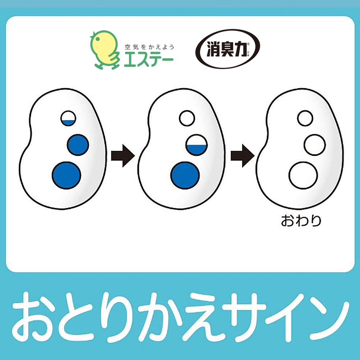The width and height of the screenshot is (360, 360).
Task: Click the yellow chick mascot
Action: click(x=104, y=49)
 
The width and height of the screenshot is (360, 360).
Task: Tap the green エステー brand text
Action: click(x=149, y=59)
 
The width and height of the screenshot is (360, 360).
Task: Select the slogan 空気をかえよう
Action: click(x=149, y=47)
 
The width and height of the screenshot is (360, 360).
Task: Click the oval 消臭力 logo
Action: click(x=228, y=49)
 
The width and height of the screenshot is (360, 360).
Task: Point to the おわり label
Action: click(x=301, y=221)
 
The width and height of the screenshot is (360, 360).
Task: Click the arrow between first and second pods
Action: click(x=123, y=156)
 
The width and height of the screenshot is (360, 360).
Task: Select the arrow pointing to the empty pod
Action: click(x=242, y=156)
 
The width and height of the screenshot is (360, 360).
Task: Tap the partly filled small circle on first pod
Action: click(x=68, y=118)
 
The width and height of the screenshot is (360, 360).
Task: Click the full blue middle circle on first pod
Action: click(x=78, y=145)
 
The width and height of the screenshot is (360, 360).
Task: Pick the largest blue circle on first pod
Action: click(x=66, y=175)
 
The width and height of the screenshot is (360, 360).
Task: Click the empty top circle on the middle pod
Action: click(x=187, y=118)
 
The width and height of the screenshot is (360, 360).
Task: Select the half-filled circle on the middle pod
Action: click(x=197, y=145)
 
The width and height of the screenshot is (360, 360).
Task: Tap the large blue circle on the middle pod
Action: click(x=185, y=175)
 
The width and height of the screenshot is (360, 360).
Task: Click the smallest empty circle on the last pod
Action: click(x=305, y=118)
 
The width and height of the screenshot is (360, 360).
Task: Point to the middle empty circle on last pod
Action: click(x=315, y=145)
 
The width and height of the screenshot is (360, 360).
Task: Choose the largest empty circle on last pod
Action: click(x=303, y=175)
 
